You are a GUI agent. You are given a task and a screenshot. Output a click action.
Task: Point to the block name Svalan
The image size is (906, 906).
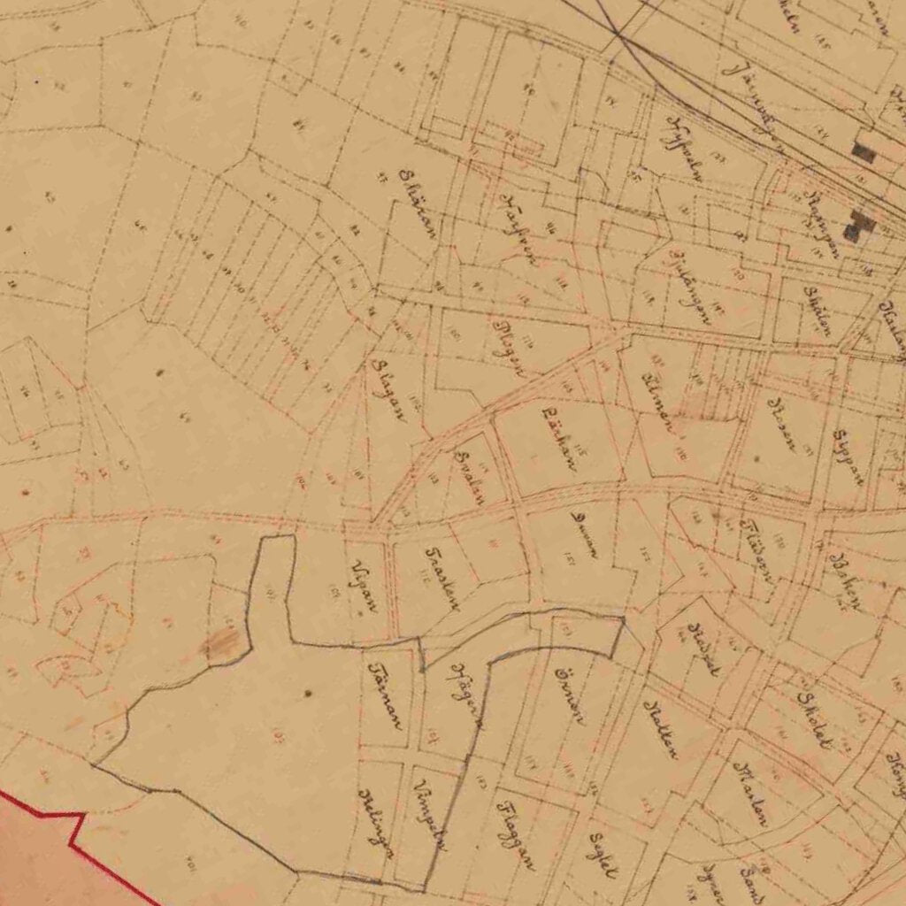(468, 476)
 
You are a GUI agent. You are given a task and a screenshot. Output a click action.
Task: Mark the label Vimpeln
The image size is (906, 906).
(431, 816)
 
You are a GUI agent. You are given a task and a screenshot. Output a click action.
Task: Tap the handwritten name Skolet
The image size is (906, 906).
(813, 719)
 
